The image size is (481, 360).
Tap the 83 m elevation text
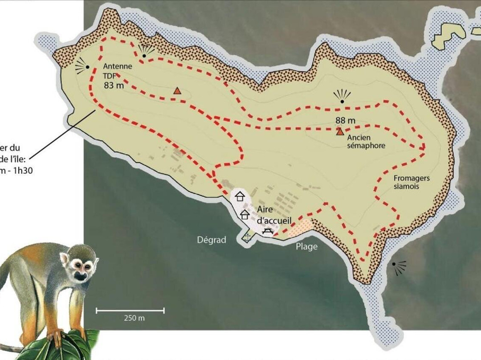pyautogui.click(x=114, y=86)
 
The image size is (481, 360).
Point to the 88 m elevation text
pyautogui.click(x=346, y=120)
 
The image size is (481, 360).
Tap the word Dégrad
pyautogui.click(x=212, y=240)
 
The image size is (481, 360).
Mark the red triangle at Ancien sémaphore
pyautogui.click(x=340, y=131)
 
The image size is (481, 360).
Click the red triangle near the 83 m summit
pyautogui.click(x=177, y=91)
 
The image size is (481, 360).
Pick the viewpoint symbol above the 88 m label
pyautogui.click(x=342, y=97)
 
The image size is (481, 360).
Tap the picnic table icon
pyautogui.click(x=268, y=230)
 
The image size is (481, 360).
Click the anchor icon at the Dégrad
pyautogui.click(x=247, y=237)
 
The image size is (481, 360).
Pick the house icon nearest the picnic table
pyautogui.click(x=245, y=214)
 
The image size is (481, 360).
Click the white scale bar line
pyautogui.click(x=130, y=311)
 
